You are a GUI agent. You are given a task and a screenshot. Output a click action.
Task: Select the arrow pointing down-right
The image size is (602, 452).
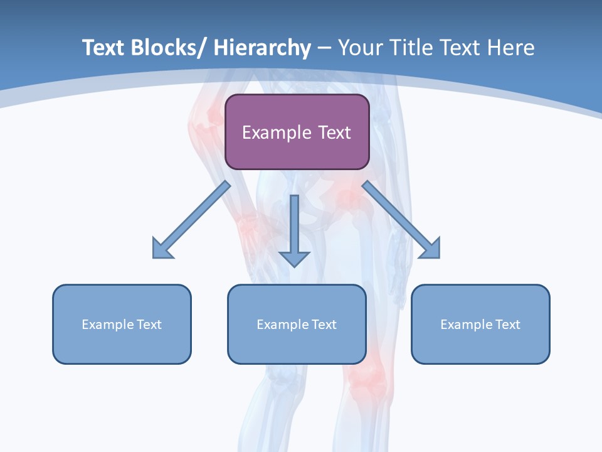click(401, 220)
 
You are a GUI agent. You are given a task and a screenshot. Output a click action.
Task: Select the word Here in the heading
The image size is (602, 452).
click(511, 48)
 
